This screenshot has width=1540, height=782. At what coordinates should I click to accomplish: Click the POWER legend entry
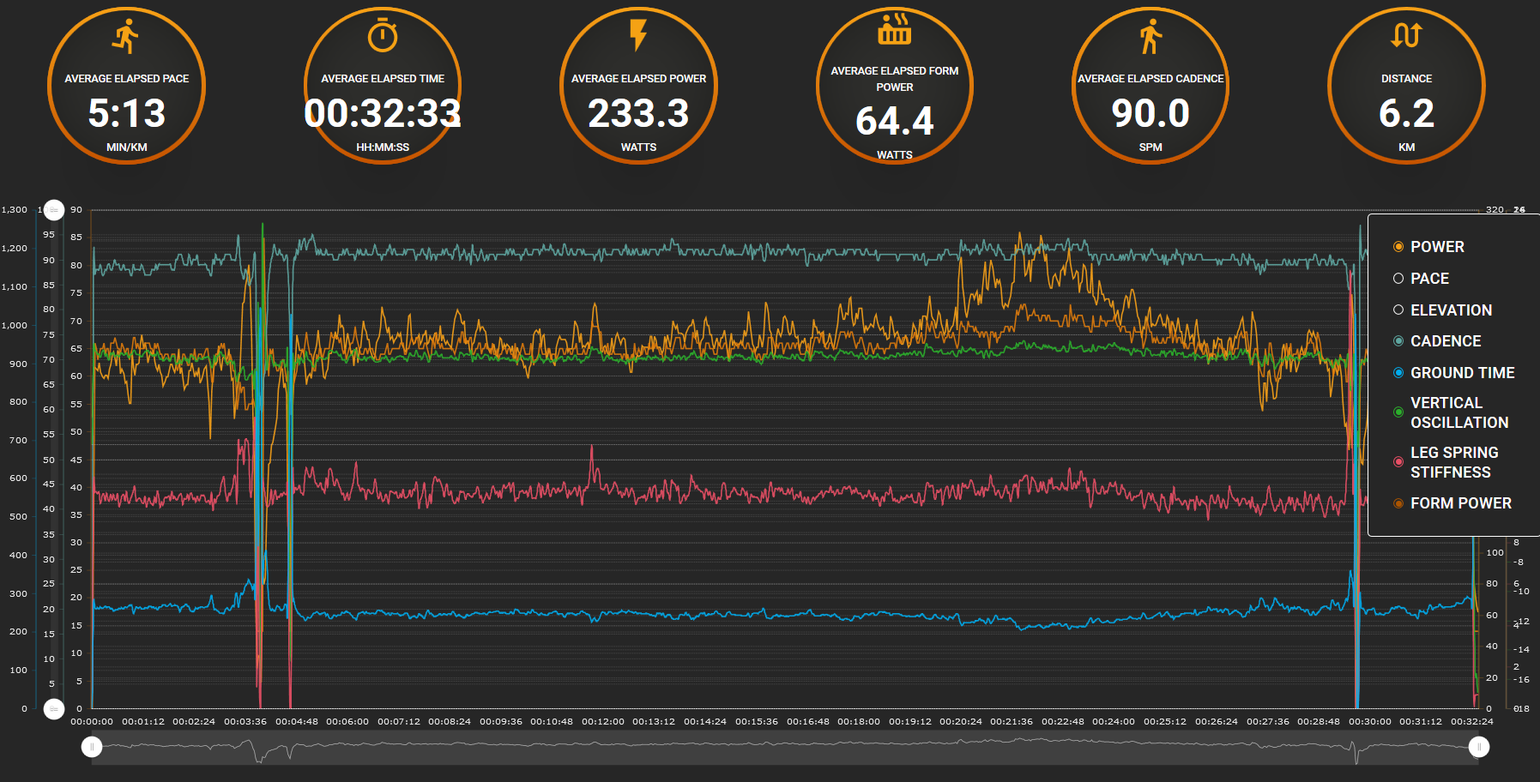(x=1436, y=247)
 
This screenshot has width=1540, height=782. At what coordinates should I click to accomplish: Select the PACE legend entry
(x=1428, y=279)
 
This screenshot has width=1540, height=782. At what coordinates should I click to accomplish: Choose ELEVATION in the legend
(x=1450, y=310)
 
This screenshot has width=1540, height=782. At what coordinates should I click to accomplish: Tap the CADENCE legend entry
(x=1445, y=341)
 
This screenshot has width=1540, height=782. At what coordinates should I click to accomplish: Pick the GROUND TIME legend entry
(x=1461, y=373)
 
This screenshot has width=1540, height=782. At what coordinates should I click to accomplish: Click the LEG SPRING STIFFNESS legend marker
(x=1398, y=462)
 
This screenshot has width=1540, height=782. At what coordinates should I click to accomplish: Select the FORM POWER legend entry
(x=1459, y=503)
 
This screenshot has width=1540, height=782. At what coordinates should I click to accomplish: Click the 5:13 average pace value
(x=127, y=113)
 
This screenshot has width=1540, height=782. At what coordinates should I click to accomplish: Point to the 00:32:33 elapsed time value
(x=383, y=113)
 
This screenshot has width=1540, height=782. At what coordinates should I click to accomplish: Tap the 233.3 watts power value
(x=638, y=113)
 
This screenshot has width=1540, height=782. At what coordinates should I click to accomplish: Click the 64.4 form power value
(x=894, y=121)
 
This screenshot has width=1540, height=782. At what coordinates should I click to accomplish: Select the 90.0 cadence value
(x=1150, y=113)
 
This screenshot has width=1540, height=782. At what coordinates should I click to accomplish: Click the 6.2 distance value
(x=1406, y=113)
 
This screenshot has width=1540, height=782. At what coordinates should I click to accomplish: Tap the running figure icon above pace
(x=126, y=36)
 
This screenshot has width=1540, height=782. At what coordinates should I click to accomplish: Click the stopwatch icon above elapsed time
(x=383, y=36)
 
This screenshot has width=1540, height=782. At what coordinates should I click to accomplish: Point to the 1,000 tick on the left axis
(x=15, y=326)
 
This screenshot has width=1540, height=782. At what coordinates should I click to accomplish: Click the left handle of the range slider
(x=92, y=747)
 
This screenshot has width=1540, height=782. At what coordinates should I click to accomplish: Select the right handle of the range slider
(x=1478, y=747)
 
